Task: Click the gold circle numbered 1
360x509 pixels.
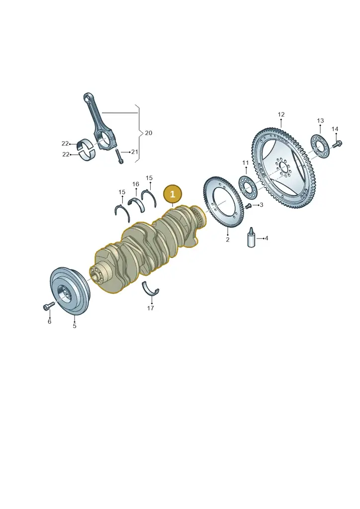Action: point(173,194)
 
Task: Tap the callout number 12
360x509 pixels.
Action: point(281,114)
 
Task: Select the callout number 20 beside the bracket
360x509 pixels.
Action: point(148,133)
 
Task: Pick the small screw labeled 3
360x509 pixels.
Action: point(248,206)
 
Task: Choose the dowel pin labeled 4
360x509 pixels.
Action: point(251,238)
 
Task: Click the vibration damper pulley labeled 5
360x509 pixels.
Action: point(71,291)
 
